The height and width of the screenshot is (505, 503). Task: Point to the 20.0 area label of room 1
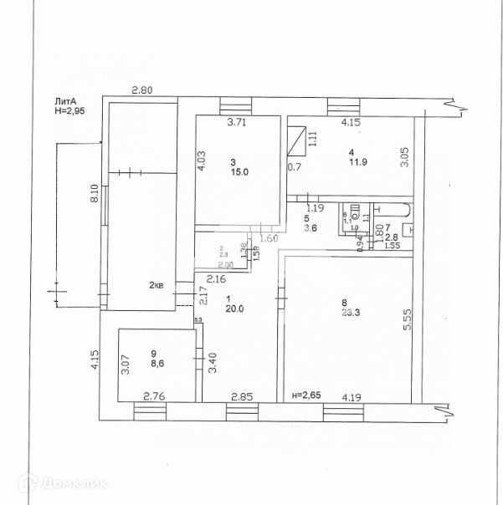pos(234,307)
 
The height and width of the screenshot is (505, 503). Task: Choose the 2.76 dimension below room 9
pos(154,396)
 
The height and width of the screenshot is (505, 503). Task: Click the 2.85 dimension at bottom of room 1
pos(242,397)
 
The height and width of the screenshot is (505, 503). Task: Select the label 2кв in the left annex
pos(157,286)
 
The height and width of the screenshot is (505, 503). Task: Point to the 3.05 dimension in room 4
pos(404,158)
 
